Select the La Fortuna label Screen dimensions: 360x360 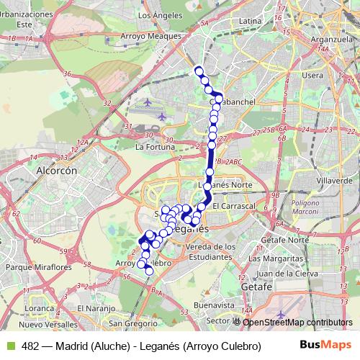(156, 147)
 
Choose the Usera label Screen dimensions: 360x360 (313, 75)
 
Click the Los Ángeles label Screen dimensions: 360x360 (157, 14)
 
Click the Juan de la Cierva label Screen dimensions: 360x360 (291, 273)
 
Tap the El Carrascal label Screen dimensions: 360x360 (235, 206)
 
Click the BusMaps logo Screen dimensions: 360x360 (322, 345)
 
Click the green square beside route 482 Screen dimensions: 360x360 (9, 346)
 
